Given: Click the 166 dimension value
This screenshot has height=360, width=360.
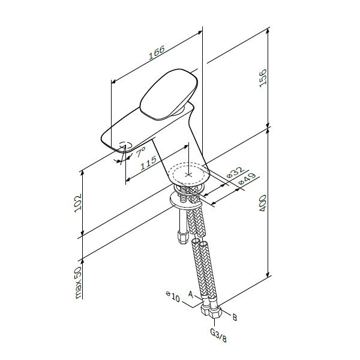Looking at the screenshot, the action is [x=157, y=53].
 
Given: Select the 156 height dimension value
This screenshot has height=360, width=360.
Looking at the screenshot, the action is [x=263, y=78].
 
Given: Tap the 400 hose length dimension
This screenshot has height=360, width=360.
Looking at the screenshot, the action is [x=263, y=203].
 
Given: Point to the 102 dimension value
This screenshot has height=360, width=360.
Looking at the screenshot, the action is [x=78, y=203].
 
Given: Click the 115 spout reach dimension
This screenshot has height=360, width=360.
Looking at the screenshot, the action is [x=148, y=163].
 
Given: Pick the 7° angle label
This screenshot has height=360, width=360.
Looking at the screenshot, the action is [x=141, y=152].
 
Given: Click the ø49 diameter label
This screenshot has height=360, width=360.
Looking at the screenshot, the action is [x=247, y=179].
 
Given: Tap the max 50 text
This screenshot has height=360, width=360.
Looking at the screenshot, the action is [x=78, y=283].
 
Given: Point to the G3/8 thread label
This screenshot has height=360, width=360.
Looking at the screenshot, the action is [x=218, y=335].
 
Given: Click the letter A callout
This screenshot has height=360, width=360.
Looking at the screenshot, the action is [x=191, y=294].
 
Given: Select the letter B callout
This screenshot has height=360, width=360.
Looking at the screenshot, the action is [x=235, y=317].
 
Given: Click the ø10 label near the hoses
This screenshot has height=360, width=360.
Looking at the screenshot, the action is [x=173, y=297].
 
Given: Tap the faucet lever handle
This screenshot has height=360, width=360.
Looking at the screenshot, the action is [x=169, y=94].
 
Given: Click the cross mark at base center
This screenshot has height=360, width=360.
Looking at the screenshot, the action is [x=189, y=175].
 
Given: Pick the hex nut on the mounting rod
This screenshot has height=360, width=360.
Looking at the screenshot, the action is [x=183, y=237].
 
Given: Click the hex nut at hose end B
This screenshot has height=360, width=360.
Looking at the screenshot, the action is [x=215, y=311].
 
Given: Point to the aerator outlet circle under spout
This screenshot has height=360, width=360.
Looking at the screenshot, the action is [x=125, y=145].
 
